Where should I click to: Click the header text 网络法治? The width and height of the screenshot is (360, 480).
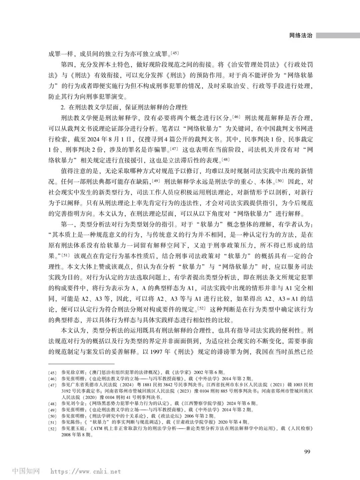tap(301, 36)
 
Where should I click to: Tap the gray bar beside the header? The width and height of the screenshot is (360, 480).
tap(338, 35)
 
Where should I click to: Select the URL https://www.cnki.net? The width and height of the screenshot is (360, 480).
tap(86, 472)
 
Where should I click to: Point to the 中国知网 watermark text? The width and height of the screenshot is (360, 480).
tap(26, 471)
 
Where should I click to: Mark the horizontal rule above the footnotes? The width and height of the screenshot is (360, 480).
tap(81, 364)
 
